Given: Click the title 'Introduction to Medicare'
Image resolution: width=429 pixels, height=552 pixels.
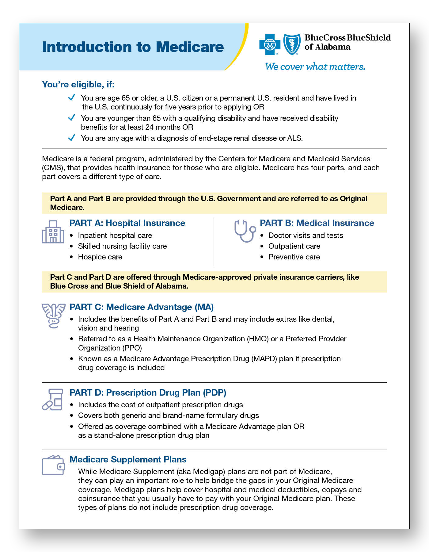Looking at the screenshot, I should point(133,47).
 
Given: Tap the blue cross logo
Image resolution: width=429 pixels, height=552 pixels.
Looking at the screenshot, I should point(270,45).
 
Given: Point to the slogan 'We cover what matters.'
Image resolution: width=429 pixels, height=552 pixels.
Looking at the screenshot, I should point(315,67).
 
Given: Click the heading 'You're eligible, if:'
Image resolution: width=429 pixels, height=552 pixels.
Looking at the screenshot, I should point(78,84).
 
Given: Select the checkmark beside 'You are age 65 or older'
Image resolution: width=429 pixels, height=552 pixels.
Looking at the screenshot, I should point(72,98).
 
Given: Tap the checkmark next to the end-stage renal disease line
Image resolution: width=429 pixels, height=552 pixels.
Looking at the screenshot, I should point(72,138).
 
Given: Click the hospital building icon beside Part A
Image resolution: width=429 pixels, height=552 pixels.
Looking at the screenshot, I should point(53,232).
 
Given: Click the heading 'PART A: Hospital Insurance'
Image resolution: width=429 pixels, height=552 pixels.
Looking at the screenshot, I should point(127,223).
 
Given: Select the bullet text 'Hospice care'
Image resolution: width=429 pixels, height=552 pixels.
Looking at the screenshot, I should point(100,257).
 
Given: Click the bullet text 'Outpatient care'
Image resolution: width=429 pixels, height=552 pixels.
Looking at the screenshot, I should point(294,246).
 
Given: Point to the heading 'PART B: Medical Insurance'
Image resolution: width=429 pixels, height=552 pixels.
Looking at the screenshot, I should point(317,223).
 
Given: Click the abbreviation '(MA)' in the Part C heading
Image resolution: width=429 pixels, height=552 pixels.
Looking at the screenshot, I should point(204,307).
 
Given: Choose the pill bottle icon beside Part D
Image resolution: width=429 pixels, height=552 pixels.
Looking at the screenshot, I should point(53,400).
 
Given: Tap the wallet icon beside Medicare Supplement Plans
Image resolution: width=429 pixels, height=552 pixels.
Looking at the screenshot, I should point(53,465).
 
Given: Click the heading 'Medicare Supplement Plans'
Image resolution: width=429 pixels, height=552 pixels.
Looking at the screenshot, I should point(128,459).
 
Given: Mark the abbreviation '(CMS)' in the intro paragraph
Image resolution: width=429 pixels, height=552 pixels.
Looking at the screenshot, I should point(52,168).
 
